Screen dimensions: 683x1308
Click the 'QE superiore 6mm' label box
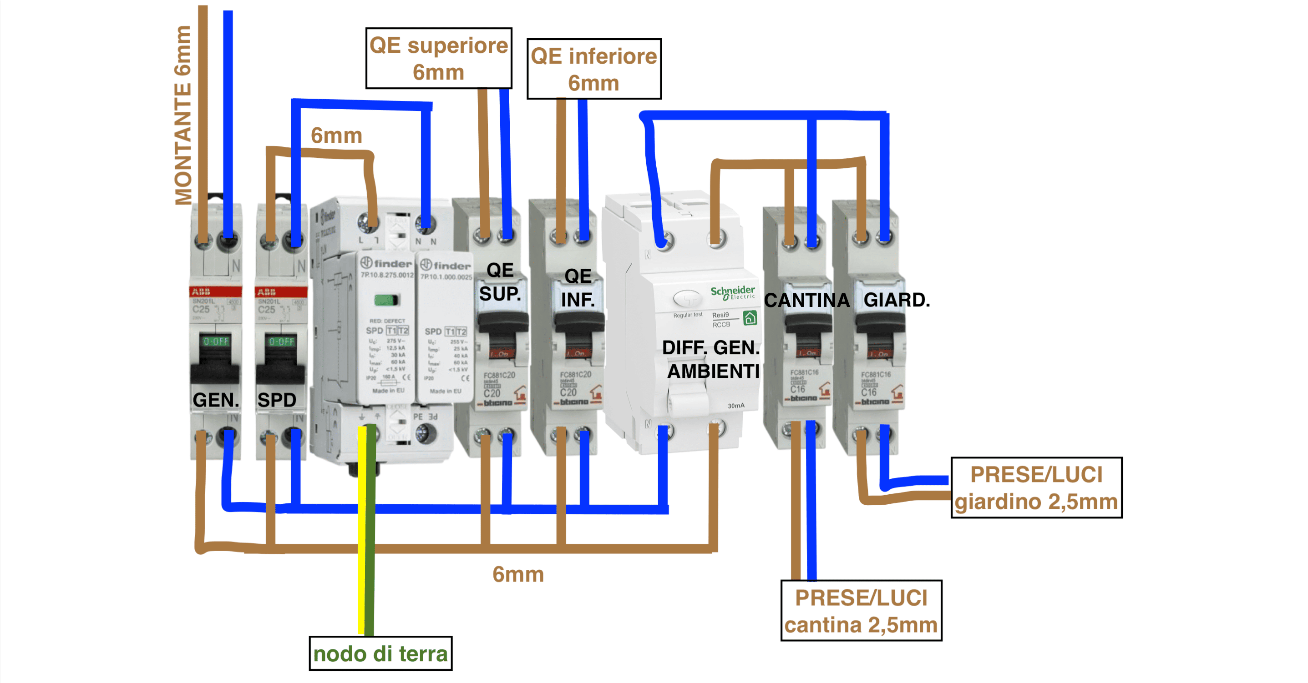(x=438, y=58)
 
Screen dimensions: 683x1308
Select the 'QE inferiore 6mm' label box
(x=593, y=69)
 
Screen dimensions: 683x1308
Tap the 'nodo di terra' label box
(x=380, y=653)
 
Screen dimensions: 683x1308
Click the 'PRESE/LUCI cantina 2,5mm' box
(x=861, y=611)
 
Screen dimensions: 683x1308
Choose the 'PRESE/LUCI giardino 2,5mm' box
(x=1036, y=487)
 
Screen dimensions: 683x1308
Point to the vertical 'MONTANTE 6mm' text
(x=183, y=116)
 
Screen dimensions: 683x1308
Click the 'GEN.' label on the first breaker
(x=215, y=400)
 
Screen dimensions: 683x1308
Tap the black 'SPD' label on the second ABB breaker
(x=277, y=400)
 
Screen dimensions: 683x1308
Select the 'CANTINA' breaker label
(x=806, y=301)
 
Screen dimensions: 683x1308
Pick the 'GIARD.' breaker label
(x=896, y=300)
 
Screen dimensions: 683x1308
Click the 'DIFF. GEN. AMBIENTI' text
(x=711, y=359)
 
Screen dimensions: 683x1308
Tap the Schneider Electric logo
(x=733, y=292)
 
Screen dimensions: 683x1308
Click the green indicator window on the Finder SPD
(x=386, y=300)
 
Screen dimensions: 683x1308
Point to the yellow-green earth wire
(x=366, y=528)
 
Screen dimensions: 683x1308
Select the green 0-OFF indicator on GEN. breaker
(x=216, y=341)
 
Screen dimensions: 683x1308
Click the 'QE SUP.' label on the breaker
(x=500, y=282)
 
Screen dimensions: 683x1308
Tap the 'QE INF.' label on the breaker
(x=578, y=288)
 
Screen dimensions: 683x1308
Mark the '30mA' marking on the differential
(x=736, y=406)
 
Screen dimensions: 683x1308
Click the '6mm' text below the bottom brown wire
(x=518, y=574)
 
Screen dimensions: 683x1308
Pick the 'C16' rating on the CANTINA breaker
(x=797, y=389)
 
